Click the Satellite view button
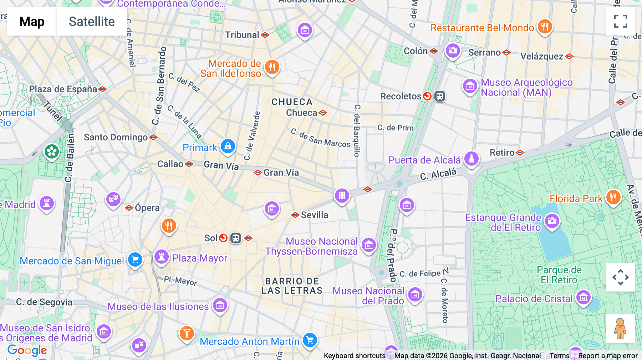click(92, 21)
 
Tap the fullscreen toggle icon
click(620, 21)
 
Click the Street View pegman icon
click(620, 329)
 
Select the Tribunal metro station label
click(242, 35)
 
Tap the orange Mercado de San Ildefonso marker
click(272, 67)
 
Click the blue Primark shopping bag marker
click(228, 146)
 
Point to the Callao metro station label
click(170, 164)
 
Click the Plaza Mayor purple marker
click(161, 256)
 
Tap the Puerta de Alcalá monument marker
click(471, 158)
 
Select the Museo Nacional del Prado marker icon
click(415, 295)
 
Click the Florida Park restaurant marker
click(613, 196)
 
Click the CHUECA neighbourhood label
click(292, 102)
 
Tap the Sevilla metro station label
click(314, 215)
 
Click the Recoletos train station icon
click(439, 96)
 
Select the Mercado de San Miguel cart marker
click(135, 259)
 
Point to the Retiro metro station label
click(502, 153)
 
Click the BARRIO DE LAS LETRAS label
click(292, 286)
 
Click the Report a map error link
click(608, 356)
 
